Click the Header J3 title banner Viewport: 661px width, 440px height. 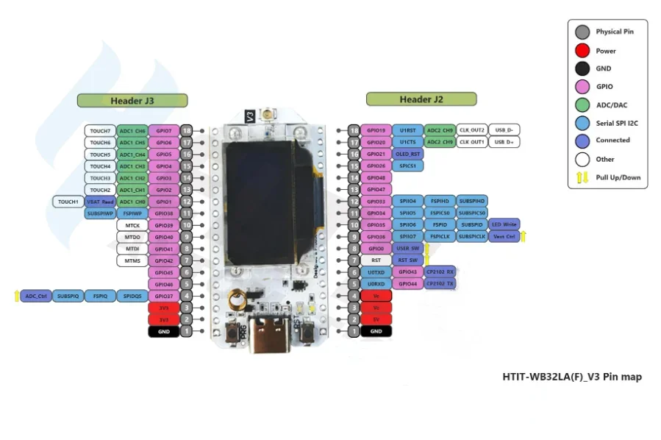tap(132, 100)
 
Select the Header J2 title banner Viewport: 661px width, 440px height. tap(421, 99)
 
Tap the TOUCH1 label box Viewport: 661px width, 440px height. tap(68, 202)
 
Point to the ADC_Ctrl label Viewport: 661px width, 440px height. tap(36, 296)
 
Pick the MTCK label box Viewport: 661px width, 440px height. tap(132, 225)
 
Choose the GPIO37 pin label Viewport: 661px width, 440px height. tap(163, 296)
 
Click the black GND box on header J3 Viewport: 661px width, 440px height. tap(163, 332)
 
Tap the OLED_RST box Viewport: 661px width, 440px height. tap(407, 154)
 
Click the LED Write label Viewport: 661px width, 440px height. tap(504, 224)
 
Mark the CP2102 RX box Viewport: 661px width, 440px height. tap(440, 272)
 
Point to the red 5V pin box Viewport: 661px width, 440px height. tap(376, 319)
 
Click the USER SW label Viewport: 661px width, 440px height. tap(407, 249)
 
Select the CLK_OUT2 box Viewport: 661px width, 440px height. tap(472, 130)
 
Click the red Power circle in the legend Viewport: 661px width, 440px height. tap(582, 51)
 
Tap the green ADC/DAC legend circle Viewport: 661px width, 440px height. tap(582, 104)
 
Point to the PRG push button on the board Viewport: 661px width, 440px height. tap(238, 332)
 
